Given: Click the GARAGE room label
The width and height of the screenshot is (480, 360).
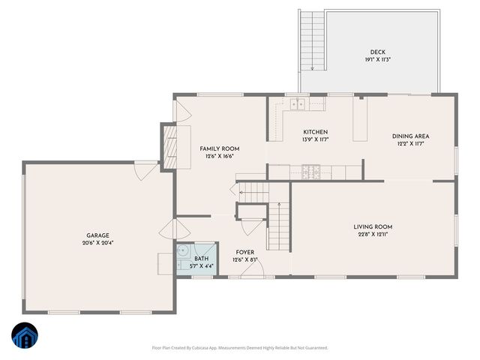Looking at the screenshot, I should tap(97, 235).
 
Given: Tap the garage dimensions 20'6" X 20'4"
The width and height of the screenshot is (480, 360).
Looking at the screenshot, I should tap(97, 243).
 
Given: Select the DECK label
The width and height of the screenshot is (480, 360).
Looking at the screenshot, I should tap(378, 52).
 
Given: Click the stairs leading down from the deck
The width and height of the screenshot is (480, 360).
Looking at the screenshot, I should tap(310, 40).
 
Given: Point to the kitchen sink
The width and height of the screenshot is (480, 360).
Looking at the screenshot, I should tap(298, 104).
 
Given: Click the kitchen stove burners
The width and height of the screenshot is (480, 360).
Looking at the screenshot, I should tap(310, 172).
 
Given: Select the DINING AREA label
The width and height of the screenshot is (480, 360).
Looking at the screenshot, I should tap(410, 136).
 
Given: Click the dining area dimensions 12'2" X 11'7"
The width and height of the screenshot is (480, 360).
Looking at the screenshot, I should tap(410, 144).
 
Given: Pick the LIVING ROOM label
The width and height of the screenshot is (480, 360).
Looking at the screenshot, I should tap(373, 226).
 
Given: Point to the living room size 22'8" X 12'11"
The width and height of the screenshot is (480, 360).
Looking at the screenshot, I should tap(373, 235).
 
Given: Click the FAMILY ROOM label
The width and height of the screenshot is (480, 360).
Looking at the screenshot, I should tap(219, 148).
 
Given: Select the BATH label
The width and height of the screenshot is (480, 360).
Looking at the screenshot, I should tap(202, 258).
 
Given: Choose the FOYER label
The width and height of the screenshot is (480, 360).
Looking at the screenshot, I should tap(246, 252).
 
